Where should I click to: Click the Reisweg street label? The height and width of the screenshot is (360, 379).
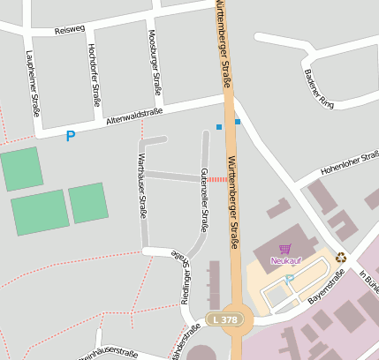pos(68,30)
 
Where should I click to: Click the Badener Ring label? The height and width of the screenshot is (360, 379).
pos(314,82)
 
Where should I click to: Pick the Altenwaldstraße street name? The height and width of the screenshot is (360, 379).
pos(134,116)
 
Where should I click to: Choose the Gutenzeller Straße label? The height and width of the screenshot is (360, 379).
pos(204,199)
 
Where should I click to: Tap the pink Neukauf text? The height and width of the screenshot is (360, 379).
pos(284,260)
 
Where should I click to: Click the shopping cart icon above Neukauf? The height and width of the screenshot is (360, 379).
pos(284,249)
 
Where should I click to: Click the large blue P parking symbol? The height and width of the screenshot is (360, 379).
pos(71,136)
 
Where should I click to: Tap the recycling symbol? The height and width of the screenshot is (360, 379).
pos(341,258)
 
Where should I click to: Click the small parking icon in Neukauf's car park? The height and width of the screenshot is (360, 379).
pos(289,279)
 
